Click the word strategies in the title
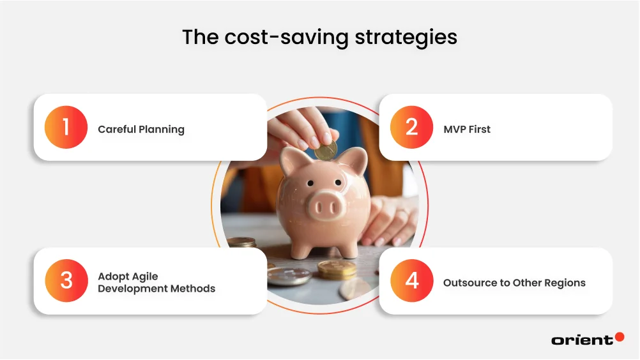403,37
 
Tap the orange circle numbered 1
66,127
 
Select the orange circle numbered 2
412,127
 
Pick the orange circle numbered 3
66,281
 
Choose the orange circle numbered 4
412,281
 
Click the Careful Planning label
141,129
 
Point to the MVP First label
467,129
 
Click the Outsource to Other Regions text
514,282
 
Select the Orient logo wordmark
582,340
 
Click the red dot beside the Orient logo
619,336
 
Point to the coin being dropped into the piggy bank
326,151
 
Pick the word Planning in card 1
162,129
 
